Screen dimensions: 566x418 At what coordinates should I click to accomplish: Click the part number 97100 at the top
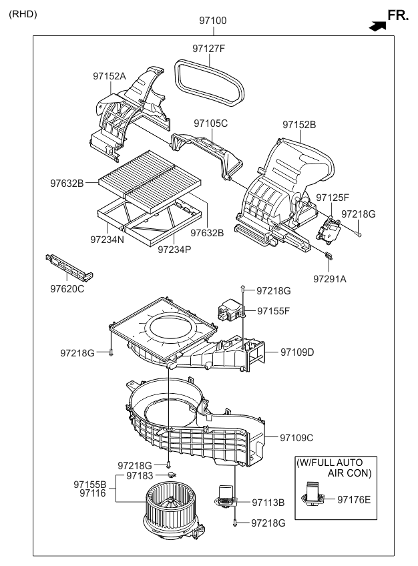[212, 21]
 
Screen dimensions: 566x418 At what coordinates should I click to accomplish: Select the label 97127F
[209, 48]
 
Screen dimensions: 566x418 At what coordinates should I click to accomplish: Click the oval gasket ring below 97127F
[210, 79]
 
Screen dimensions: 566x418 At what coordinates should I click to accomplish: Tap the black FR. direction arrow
[377, 26]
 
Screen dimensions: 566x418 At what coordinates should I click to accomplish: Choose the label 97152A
[110, 77]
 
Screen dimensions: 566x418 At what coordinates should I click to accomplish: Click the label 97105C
[211, 123]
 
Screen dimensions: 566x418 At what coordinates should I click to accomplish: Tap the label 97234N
[108, 238]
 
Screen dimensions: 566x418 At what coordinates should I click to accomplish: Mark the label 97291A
[330, 279]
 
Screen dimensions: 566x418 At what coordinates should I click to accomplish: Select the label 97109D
[297, 352]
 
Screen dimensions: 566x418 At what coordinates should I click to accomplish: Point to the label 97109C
[297, 438]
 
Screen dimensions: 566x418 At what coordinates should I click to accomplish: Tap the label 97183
[140, 475]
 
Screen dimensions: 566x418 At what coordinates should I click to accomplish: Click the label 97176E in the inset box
[353, 499]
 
